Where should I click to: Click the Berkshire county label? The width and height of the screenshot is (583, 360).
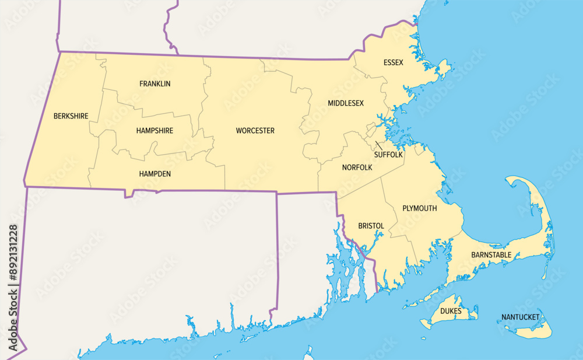(71, 116)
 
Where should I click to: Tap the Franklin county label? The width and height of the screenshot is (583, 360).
(155, 84)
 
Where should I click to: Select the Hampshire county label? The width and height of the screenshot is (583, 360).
(154, 131)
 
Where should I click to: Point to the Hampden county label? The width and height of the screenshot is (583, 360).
(154, 174)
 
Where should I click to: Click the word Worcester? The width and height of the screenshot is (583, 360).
(255, 131)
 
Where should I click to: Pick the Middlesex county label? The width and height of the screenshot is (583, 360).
(345, 103)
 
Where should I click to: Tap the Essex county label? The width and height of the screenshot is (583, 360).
(393, 62)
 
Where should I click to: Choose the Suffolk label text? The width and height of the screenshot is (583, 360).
(388, 155)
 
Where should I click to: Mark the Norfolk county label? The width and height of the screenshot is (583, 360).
(357, 167)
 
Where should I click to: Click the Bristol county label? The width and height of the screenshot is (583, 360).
(371, 226)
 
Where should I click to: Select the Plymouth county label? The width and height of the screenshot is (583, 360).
(419, 208)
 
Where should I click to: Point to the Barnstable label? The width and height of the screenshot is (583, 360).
(491, 255)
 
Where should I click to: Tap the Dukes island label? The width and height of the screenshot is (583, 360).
(451, 311)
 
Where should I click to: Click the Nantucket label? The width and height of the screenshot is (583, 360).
(520, 318)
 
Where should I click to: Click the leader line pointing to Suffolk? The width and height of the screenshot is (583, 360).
(379, 145)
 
